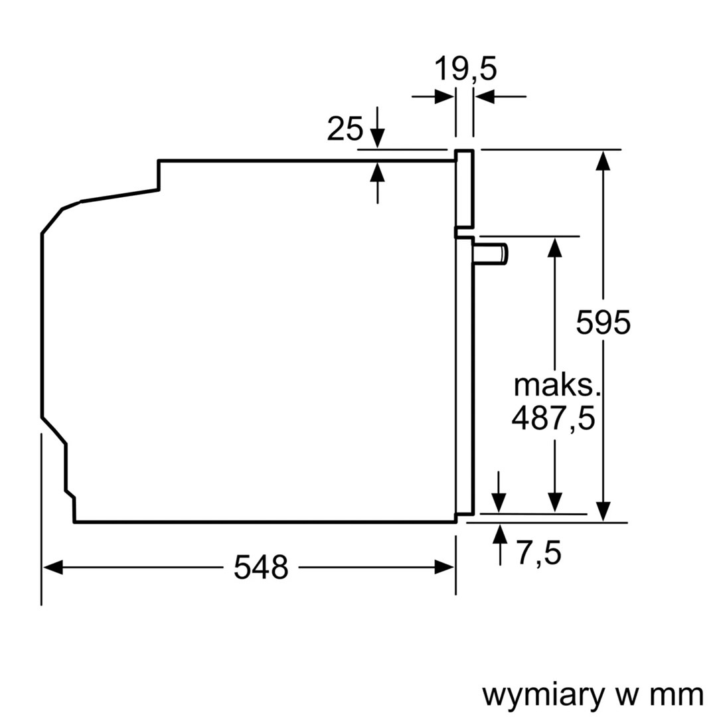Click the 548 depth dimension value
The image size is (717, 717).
click(261, 568)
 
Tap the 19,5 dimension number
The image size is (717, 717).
click(465, 68)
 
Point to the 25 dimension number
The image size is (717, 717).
click(345, 129)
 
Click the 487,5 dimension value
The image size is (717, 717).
click(553, 420)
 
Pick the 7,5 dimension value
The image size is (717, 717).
click(539, 554)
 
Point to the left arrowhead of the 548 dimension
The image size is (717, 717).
click(52, 568)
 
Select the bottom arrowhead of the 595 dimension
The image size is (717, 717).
click(603, 511)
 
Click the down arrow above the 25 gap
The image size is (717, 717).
click(377, 138)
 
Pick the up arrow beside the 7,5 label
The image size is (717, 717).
click(499, 534)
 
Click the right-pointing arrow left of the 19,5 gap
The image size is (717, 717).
click(444, 97)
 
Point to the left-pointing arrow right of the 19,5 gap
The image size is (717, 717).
click(485, 97)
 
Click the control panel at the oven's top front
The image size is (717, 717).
click(465, 188)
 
